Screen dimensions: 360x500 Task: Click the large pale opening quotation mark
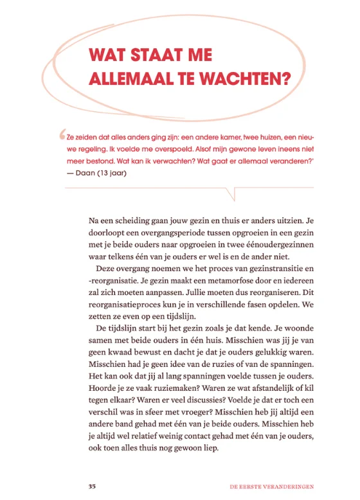point(62,136)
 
